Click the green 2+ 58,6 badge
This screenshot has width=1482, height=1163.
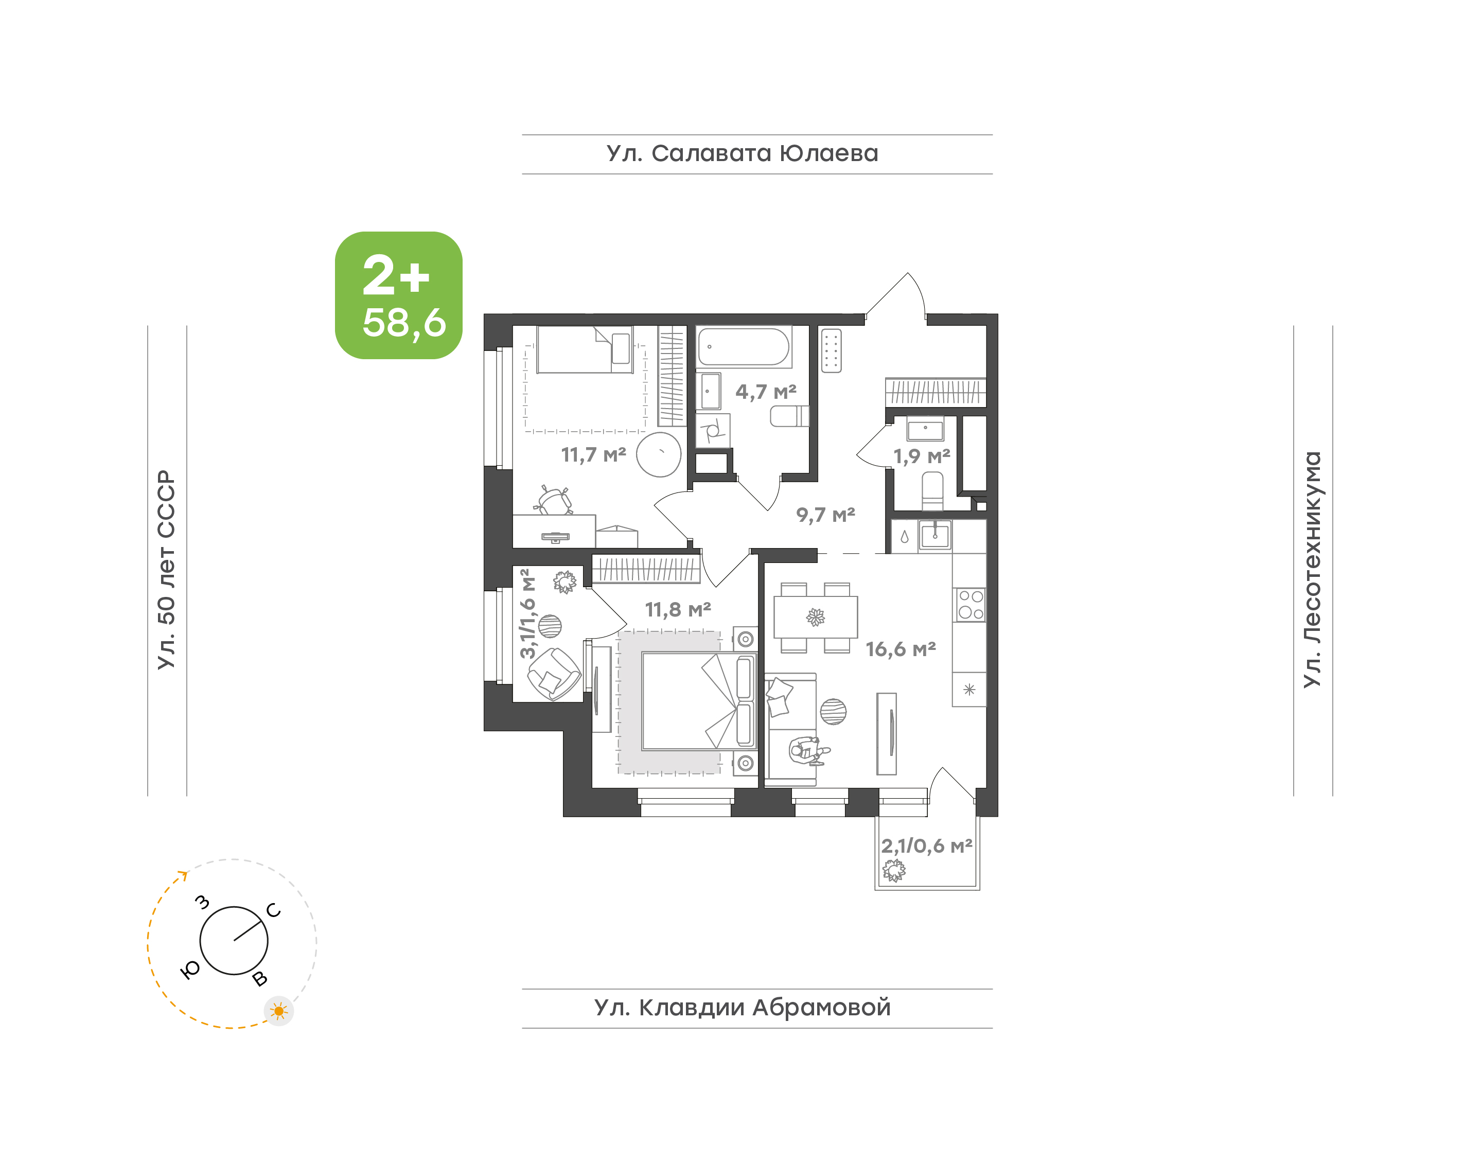[x=398, y=295]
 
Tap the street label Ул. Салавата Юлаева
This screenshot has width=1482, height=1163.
[x=742, y=154]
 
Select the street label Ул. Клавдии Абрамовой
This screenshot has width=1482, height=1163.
[x=742, y=1007]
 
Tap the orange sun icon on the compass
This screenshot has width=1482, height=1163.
[x=278, y=1011]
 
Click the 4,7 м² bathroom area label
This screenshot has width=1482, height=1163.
[x=766, y=392]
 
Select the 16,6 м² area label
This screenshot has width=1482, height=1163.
[x=901, y=649]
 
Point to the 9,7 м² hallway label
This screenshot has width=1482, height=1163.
[x=826, y=515]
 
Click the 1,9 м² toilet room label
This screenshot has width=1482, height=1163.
[x=922, y=456]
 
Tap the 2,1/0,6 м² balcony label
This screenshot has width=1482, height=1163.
[x=926, y=845]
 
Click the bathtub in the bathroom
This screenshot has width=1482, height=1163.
[x=744, y=347]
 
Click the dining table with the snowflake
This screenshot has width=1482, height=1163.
[x=816, y=617]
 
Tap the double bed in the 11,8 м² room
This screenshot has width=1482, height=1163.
[x=698, y=701]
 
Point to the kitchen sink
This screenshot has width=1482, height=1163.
[x=934, y=535]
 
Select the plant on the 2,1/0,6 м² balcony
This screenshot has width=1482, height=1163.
[x=894, y=870]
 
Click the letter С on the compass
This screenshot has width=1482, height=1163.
[x=274, y=910]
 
